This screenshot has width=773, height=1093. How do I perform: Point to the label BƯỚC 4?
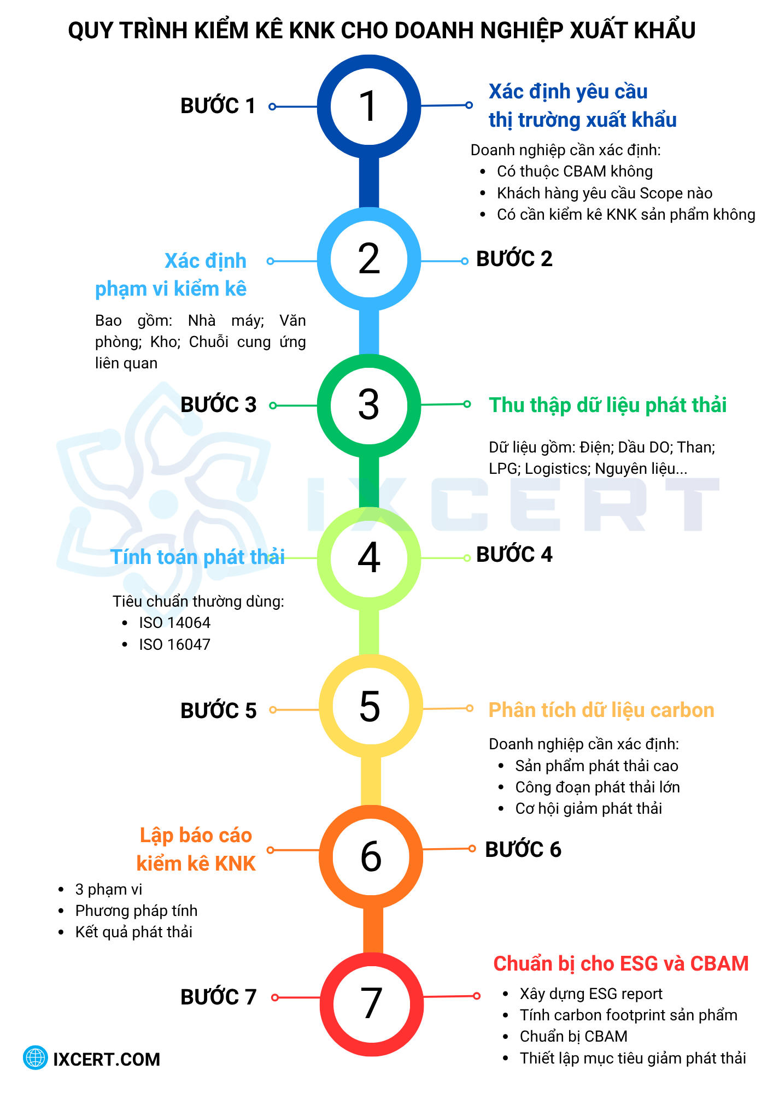[514, 555]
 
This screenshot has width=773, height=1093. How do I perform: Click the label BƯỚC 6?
[523, 850]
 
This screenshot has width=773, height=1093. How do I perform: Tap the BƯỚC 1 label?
[218, 106]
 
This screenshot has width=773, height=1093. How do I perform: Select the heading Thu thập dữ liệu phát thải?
[607, 406]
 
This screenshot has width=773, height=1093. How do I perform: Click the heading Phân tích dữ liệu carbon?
[601, 710]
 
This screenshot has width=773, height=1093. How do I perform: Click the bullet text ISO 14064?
[174, 623]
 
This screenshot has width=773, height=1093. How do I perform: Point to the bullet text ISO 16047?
[174, 645]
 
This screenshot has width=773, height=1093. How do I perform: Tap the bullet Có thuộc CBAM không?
[575, 172]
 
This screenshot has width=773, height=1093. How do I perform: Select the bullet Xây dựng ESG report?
[591, 994]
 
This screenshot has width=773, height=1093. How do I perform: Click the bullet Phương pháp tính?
[136, 911]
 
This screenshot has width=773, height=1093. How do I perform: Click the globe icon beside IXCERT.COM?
[36, 1058]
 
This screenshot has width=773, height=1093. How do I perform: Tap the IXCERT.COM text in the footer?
[107, 1059]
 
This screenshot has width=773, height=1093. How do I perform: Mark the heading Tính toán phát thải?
[198, 557]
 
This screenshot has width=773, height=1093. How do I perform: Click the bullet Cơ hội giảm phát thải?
[588, 809]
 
